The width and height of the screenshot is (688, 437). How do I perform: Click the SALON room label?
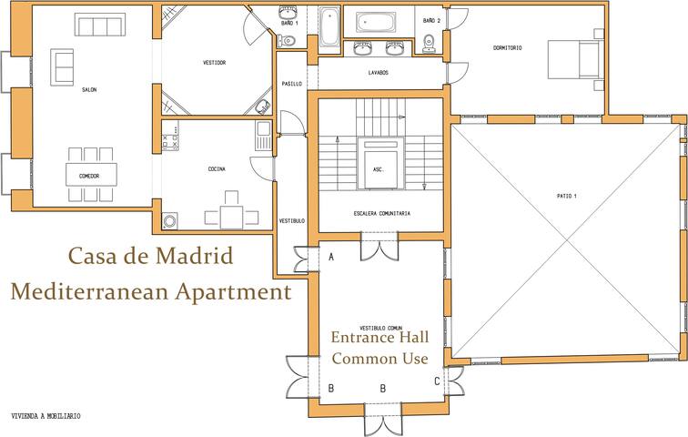[89, 90]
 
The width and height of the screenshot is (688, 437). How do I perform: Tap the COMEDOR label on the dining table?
[89, 176]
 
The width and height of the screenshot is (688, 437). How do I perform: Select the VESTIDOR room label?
[214, 63]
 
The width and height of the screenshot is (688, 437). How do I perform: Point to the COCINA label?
[217, 169]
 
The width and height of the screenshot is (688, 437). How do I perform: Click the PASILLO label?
[291, 84]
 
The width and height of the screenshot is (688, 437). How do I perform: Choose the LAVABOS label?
[379, 72]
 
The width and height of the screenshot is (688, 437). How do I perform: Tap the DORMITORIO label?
[508, 47]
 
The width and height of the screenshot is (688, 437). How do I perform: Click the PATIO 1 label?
[568, 196]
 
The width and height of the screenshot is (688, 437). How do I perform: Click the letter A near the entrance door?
[330, 257]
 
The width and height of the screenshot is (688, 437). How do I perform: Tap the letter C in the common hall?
[437, 381]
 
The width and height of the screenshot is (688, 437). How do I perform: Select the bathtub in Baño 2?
[379, 22]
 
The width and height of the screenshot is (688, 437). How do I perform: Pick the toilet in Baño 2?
[429, 42]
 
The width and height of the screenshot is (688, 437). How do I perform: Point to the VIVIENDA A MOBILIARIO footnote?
[46, 416]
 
